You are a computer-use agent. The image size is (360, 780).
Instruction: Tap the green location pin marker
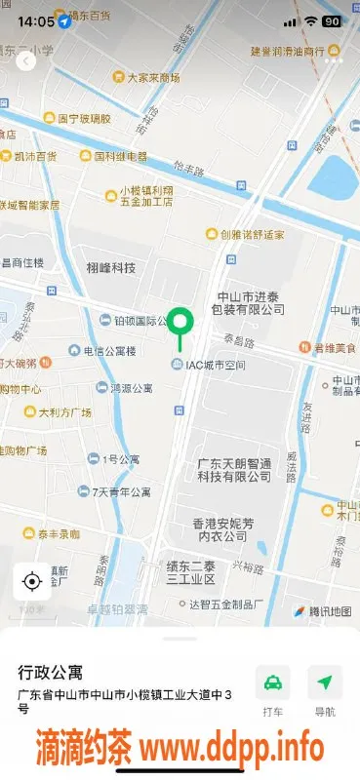click(180, 323)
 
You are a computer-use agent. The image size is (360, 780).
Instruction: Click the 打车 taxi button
click(273, 689)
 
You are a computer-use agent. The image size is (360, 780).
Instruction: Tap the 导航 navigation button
click(325, 689)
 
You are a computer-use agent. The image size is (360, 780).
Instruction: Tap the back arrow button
click(25, 60)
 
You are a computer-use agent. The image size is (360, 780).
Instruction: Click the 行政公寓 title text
click(51, 672)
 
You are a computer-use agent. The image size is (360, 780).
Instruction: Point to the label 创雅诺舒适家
click(252, 234)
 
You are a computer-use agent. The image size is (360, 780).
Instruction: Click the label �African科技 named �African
click(110, 268)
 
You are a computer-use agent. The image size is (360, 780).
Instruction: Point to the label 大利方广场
click(64, 411)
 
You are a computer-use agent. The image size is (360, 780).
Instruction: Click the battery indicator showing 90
click(331, 20)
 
